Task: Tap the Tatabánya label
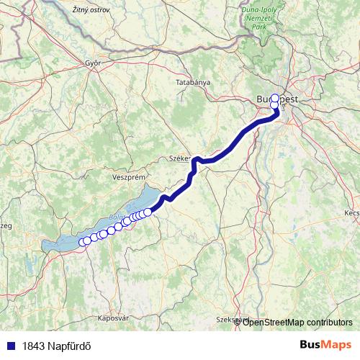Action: point(193,83)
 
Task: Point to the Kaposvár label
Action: point(112,318)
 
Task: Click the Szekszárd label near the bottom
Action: point(232,318)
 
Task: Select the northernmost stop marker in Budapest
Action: point(274,97)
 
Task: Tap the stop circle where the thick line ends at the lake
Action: point(148,212)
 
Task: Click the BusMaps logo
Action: point(325,345)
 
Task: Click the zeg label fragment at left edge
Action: point(6,226)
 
